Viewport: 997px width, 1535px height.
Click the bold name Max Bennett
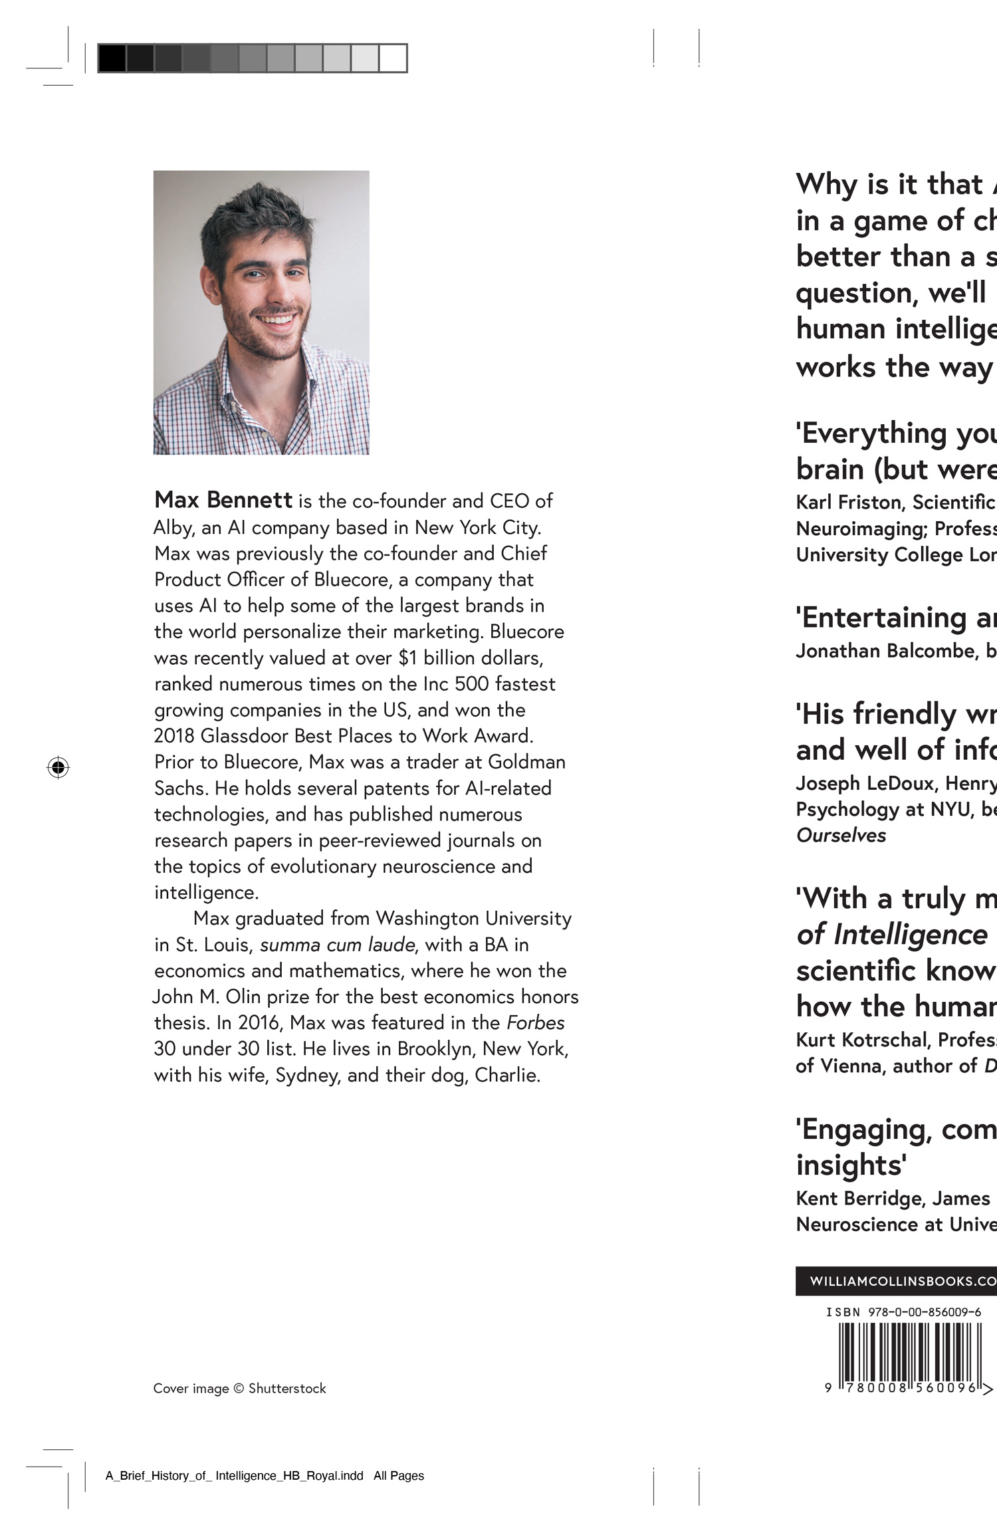point(223,500)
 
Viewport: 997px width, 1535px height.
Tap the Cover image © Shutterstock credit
point(239,1388)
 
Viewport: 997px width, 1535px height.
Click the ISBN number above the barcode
point(903,1312)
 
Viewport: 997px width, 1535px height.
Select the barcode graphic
point(909,1352)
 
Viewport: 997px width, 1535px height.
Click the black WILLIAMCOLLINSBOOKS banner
point(897,1281)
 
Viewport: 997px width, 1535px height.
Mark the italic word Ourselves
point(841,836)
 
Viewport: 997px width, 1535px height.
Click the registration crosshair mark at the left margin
point(58,767)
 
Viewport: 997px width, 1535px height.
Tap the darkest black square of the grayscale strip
point(112,58)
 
